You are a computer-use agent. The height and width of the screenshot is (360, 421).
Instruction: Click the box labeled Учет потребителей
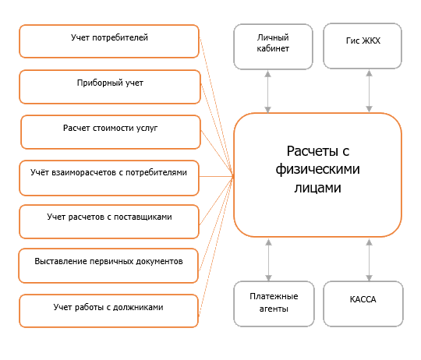[109, 41]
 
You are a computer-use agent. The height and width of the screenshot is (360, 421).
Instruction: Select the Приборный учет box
[110, 87]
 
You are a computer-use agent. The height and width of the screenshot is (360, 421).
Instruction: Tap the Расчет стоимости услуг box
[111, 132]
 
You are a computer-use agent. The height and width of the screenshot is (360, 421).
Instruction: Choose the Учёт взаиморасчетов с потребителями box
[109, 178]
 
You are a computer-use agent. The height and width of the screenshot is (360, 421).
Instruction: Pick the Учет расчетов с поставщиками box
[109, 221]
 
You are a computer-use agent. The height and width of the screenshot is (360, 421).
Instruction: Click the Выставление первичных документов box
[108, 266]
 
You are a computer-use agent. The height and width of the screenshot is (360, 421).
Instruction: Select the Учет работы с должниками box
[108, 311]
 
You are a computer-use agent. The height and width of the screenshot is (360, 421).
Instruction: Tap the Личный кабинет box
[273, 47]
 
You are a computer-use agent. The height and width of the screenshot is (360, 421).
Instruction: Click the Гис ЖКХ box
[363, 46]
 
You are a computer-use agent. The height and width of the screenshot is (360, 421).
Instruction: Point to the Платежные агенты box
[274, 304]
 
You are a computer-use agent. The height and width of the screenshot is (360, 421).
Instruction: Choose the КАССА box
[363, 304]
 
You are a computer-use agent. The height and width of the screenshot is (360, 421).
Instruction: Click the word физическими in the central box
[317, 170]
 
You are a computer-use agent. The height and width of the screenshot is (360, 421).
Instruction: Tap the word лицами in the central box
[317, 188]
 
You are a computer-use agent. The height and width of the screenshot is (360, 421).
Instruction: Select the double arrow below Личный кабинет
[267, 91]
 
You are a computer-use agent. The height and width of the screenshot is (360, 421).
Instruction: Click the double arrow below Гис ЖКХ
[370, 91]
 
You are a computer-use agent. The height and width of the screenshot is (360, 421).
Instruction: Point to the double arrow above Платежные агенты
[268, 260]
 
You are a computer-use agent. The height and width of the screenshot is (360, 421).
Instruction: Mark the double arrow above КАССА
[370, 260]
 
